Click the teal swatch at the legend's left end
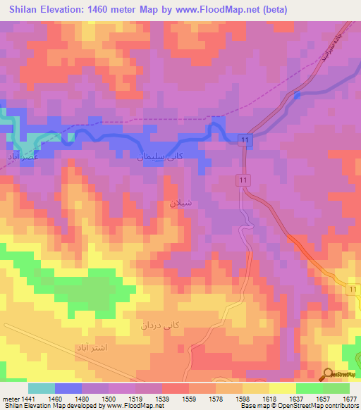(x=41, y=388)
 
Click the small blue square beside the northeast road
(x=297, y=95)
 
